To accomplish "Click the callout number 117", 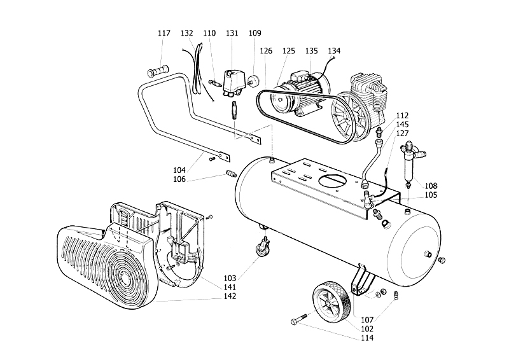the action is (x=164, y=33).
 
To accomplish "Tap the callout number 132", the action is (x=186, y=33).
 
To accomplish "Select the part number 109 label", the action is (x=255, y=33).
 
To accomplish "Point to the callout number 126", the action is (x=266, y=51).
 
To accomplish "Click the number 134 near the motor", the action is (x=334, y=51).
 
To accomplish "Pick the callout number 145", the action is (x=403, y=125).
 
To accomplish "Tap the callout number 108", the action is (x=431, y=186).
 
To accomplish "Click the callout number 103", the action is (x=230, y=278).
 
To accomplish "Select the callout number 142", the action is (x=230, y=296).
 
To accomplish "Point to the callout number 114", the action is (x=367, y=338).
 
